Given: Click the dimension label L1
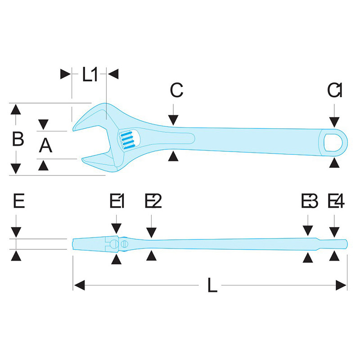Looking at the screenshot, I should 90,74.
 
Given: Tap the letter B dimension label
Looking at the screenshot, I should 18,139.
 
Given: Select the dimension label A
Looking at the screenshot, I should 45,145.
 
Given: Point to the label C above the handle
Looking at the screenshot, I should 176,90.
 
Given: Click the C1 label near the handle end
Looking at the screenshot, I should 334,90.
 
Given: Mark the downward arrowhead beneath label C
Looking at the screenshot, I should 173,120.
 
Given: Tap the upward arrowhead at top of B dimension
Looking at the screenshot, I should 16,109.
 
